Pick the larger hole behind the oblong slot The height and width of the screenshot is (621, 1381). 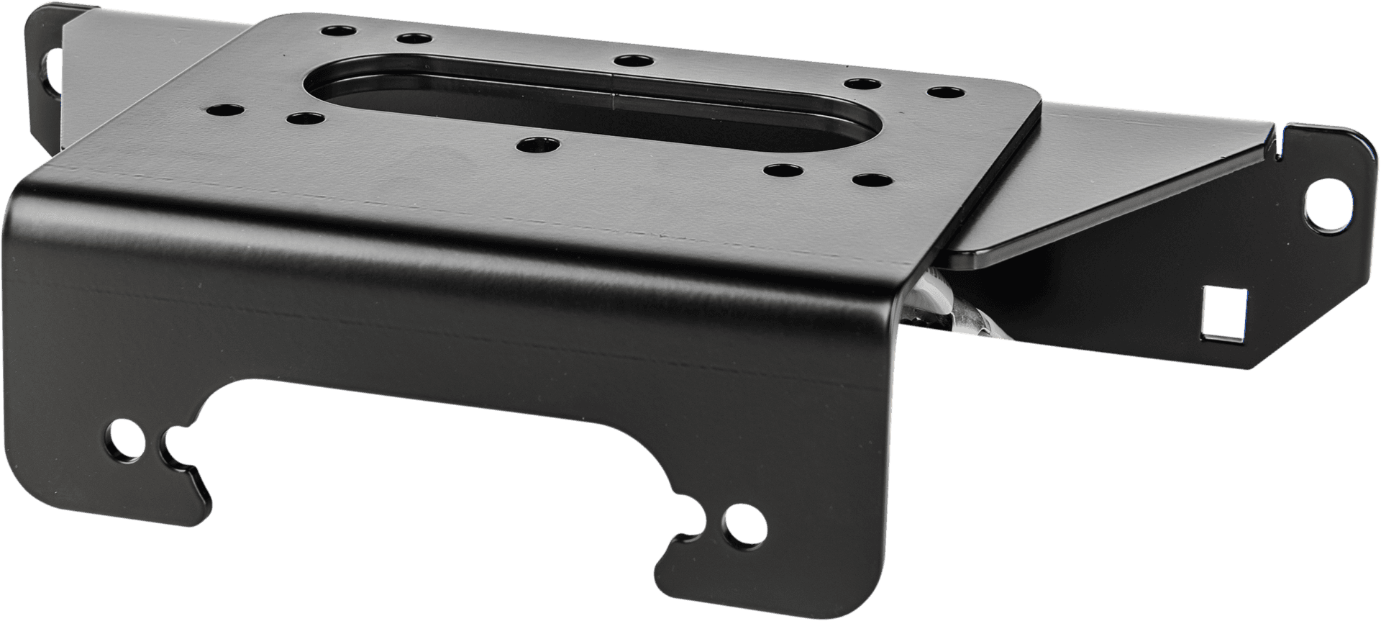coord(632,60)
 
